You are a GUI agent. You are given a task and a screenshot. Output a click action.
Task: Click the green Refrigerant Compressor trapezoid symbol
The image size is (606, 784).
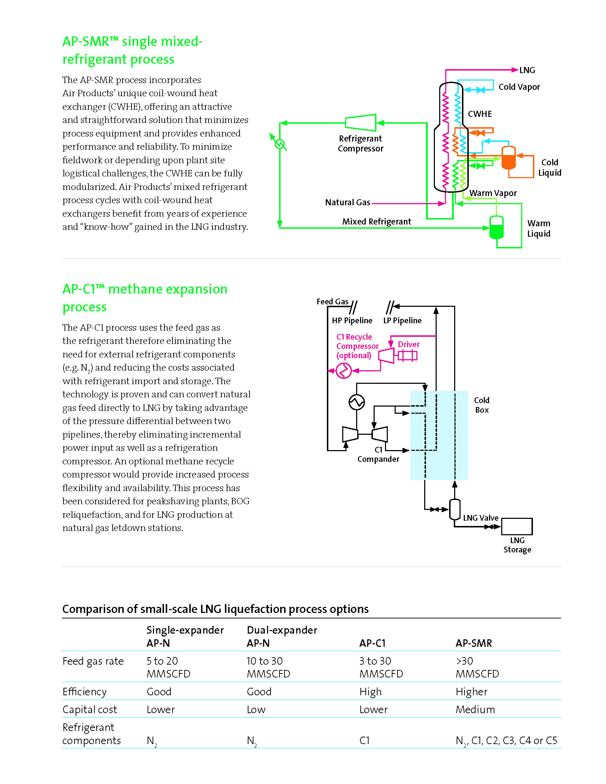pyautogui.click(x=360, y=123)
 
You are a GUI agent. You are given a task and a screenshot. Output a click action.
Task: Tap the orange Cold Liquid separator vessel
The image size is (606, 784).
pyautogui.click(x=508, y=158)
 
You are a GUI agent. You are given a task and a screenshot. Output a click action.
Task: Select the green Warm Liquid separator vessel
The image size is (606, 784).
pyautogui.click(x=497, y=227)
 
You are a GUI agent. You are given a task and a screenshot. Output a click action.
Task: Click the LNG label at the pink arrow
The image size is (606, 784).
pyautogui.click(x=527, y=70)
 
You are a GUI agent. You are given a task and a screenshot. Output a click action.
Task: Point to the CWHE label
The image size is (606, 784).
pyautogui.click(x=479, y=114)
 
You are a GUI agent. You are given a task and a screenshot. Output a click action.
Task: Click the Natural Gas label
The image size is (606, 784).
pyautogui.click(x=348, y=202)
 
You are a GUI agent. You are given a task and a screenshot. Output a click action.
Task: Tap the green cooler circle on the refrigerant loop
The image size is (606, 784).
pyautogui.click(x=280, y=144)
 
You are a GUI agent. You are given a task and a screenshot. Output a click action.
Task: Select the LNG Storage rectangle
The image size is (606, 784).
pyautogui.click(x=517, y=526)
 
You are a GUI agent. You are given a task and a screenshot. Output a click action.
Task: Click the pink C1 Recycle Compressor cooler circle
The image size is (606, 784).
pyautogui.click(x=343, y=371)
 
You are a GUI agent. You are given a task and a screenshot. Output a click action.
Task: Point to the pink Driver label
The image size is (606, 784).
pyautogui.click(x=409, y=344)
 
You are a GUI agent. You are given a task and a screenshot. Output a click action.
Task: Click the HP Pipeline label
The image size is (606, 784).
pyautogui.click(x=352, y=320)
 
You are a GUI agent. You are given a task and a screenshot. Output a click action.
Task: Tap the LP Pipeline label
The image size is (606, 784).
pyautogui.click(x=402, y=320)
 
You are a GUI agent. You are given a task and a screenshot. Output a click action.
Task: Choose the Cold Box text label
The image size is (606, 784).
pyautogui.click(x=482, y=405)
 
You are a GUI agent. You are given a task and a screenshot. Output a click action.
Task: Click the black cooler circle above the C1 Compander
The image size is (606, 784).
pyautogui.click(x=356, y=402)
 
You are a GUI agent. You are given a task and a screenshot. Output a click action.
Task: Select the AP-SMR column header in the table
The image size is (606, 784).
pyautogui.click(x=473, y=643)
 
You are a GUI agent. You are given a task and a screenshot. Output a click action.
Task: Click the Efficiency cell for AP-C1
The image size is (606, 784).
pyautogui.click(x=370, y=692)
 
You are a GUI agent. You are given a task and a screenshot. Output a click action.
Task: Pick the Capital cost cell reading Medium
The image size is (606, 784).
pyautogui.click(x=475, y=709)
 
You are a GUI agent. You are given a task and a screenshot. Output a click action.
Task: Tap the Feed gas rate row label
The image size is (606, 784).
pyautogui.click(x=93, y=661)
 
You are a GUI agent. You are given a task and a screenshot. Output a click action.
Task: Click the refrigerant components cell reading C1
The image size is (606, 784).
pyautogui.click(x=364, y=740)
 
